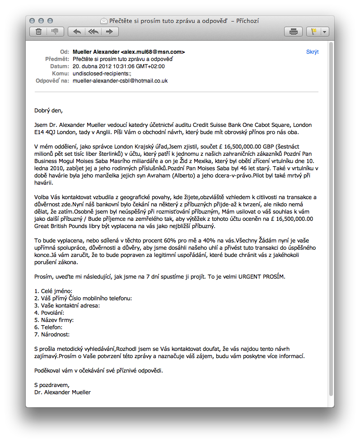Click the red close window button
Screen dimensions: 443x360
click(32, 21)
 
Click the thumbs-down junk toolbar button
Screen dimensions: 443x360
click(55, 32)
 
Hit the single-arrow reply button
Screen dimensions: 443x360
click(77, 32)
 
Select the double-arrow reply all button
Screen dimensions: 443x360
click(93, 32)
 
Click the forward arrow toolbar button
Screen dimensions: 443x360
click(109, 32)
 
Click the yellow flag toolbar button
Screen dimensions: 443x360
click(313, 32)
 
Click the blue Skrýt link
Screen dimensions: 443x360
click(312, 52)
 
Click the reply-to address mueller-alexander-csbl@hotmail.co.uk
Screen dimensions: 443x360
click(120, 81)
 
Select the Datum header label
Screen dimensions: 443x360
click(60, 66)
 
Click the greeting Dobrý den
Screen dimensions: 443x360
click(49, 110)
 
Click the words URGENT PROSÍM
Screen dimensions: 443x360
click(262, 276)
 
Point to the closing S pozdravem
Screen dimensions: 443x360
click(52, 385)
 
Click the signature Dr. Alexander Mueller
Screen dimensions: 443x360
click(62, 392)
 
